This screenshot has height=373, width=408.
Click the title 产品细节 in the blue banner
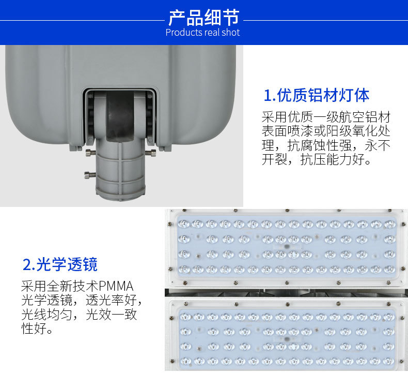point(203,18)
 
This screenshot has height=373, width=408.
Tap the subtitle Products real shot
point(203,33)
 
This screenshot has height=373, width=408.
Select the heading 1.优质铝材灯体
point(316,95)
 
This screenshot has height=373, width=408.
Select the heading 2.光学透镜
point(60,264)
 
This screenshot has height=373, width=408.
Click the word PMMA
point(116,286)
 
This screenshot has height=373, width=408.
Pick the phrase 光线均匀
point(48,315)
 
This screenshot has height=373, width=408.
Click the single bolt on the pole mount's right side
point(152,153)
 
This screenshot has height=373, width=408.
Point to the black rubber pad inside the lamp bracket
point(121,117)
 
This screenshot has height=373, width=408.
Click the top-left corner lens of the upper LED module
point(182,224)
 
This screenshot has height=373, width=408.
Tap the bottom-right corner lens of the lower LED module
point(389,361)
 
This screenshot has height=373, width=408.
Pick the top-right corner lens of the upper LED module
point(389,225)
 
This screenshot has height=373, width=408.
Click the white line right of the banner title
point(325,21)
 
